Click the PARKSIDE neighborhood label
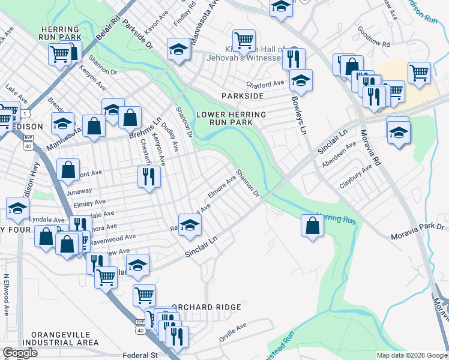click(243, 96)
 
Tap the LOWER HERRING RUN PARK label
click(231, 118)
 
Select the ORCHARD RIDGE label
click(206, 307)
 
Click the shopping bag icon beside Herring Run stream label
click(312, 226)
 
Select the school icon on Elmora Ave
click(190, 225)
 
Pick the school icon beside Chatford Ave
click(301, 80)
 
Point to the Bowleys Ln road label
click(298, 116)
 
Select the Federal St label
click(139, 355)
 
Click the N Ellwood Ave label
click(7, 295)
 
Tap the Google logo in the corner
click(20, 352)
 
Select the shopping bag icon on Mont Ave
click(68, 170)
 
